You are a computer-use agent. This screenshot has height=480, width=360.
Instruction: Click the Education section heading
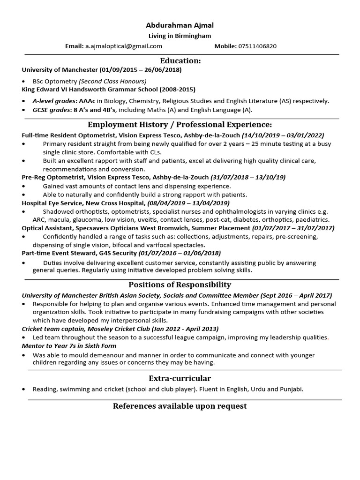(x=180, y=61)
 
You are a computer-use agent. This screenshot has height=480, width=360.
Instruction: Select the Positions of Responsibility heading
(x=180, y=285)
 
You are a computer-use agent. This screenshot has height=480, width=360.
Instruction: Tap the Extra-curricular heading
(x=180, y=378)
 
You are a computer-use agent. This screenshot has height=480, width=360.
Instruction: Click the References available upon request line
(x=180, y=406)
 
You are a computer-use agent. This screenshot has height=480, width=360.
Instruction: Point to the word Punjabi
(x=291, y=389)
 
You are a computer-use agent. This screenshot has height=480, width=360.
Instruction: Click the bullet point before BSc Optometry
(x=24, y=82)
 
